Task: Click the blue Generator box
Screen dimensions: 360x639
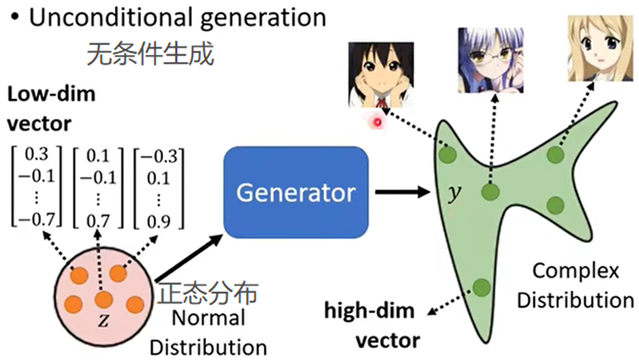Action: (x=295, y=192)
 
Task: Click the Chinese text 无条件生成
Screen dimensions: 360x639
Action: (x=151, y=53)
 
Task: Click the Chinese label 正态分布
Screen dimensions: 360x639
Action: (x=208, y=293)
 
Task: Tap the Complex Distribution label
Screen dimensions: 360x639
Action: (x=575, y=285)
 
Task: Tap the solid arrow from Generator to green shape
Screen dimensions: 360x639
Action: (x=402, y=194)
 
